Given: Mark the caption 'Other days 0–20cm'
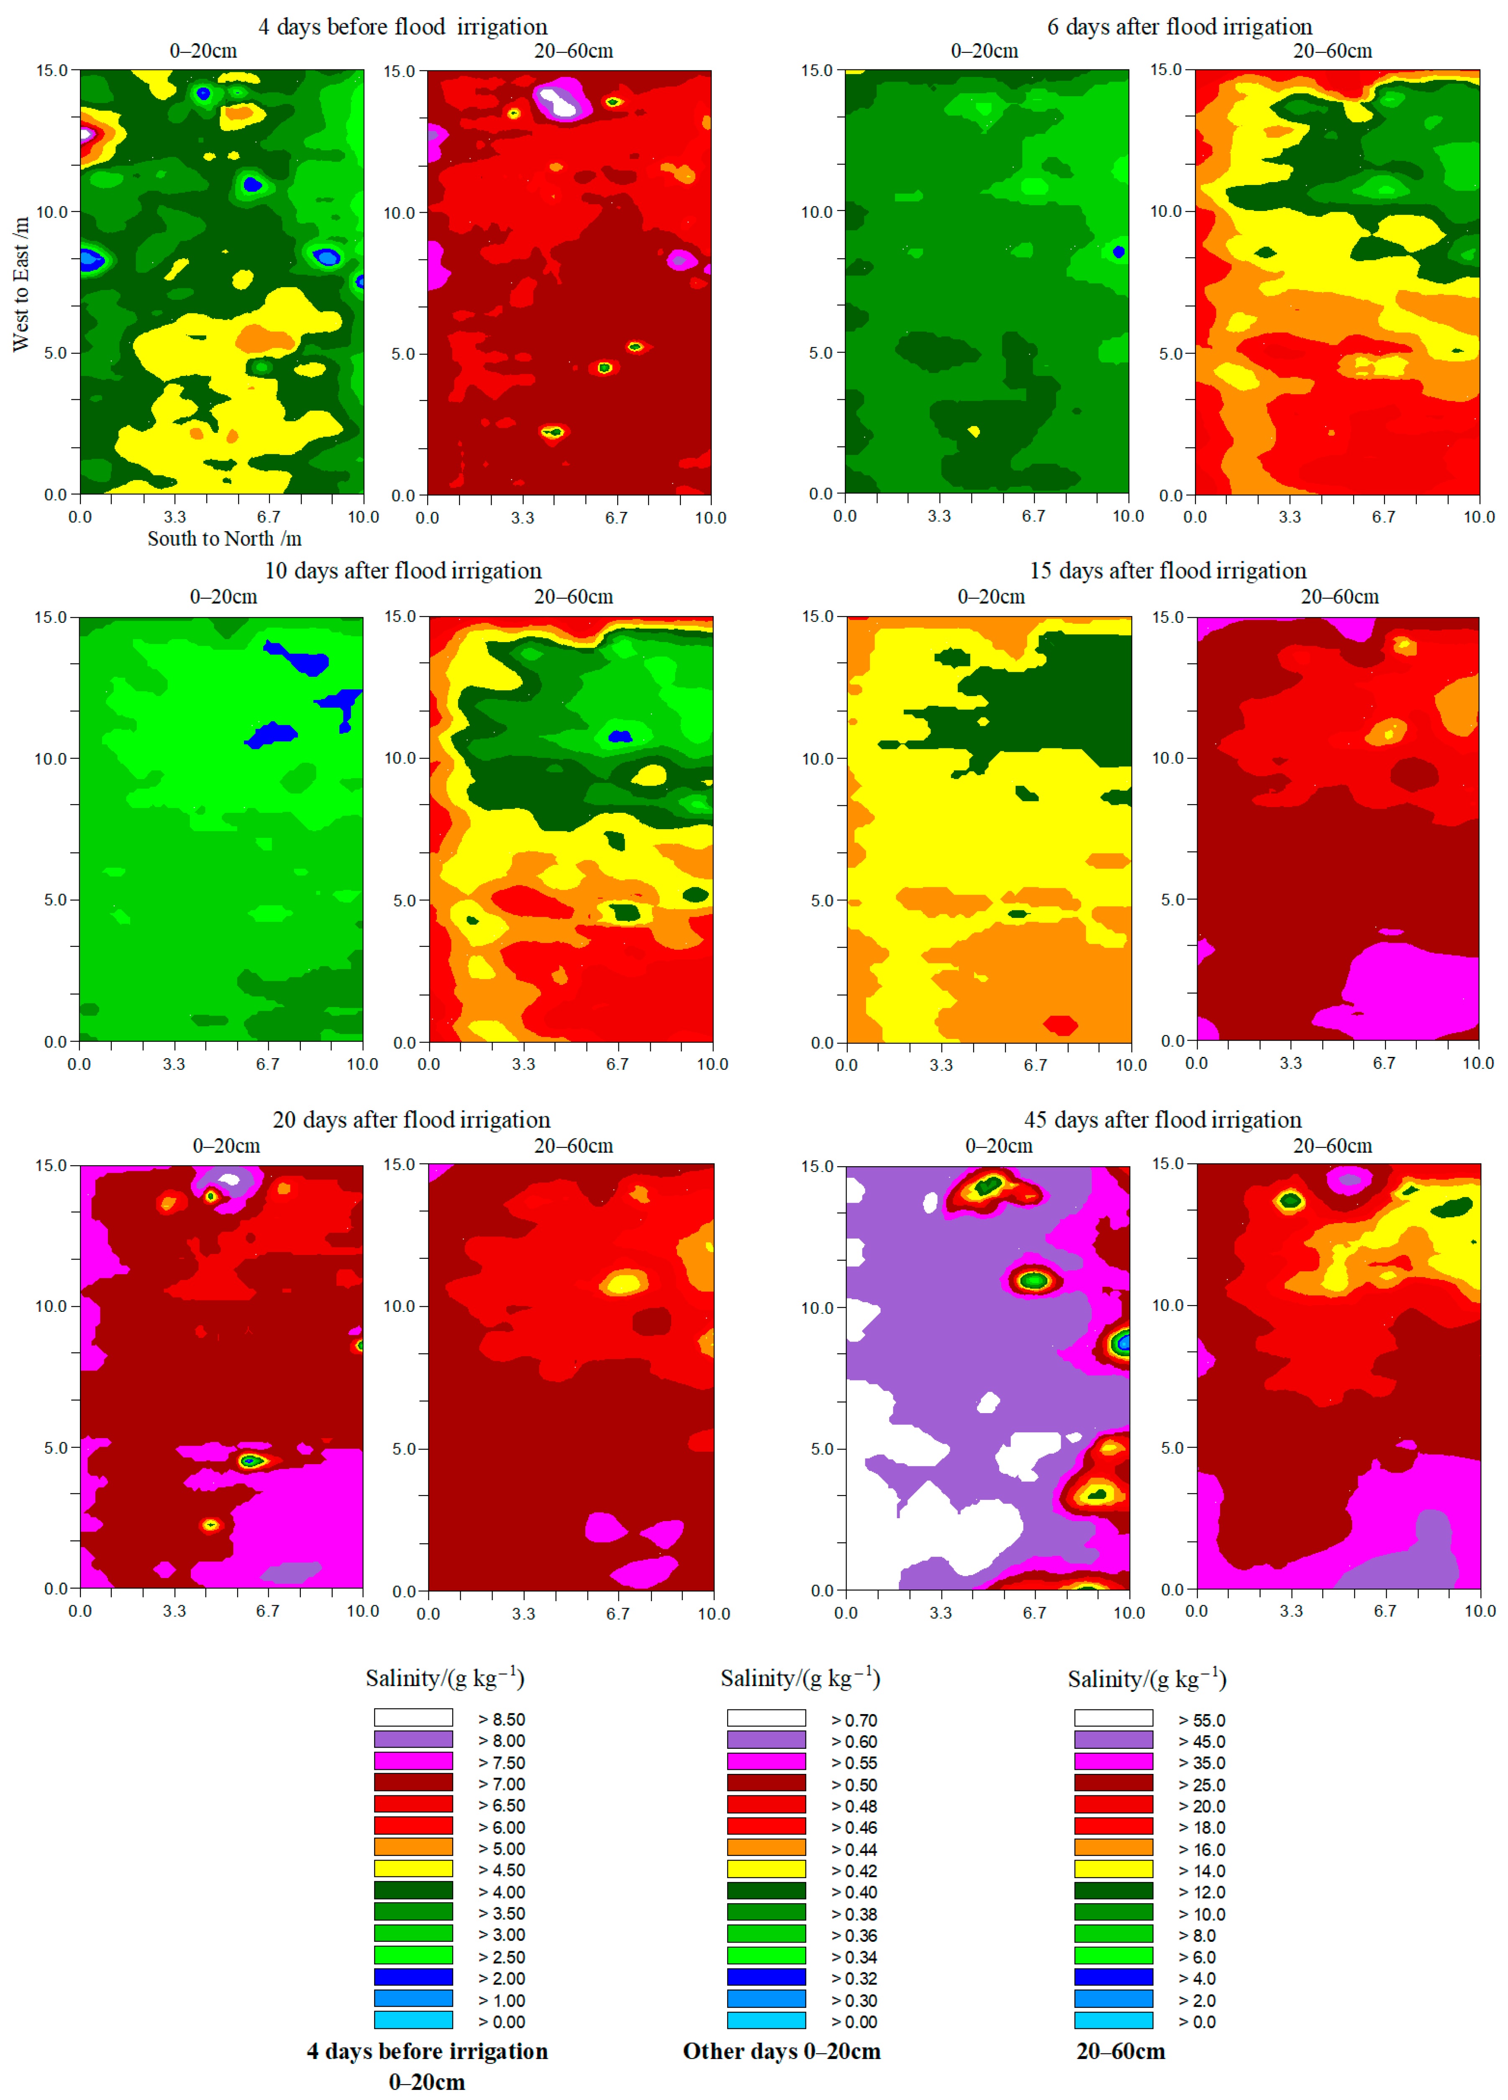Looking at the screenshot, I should click(x=781, y=2051).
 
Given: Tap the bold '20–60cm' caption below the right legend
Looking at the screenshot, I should click(x=1120, y=2051).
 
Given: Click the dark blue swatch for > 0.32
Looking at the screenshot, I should click(x=766, y=1978).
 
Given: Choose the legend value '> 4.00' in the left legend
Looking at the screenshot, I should click(x=501, y=1892).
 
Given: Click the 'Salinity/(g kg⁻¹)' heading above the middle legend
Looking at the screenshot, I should click(x=800, y=1678).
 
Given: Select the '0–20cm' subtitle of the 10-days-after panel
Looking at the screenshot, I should click(x=223, y=596).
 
